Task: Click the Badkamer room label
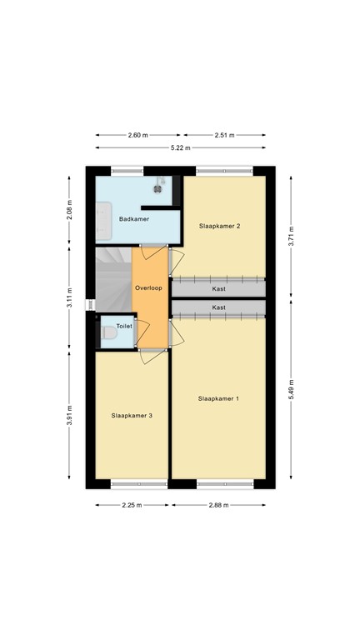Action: pyautogui.click(x=134, y=219)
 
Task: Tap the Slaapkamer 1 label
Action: pyautogui.click(x=218, y=399)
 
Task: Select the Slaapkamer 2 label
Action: pyautogui.click(x=219, y=226)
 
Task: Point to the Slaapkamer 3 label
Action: pyautogui.click(x=132, y=415)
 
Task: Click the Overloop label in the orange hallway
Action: pyautogui.click(x=150, y=287)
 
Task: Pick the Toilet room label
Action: pyautogui.click(x=124, y=326)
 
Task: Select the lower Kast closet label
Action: pyautogui.click(x=218, y=307)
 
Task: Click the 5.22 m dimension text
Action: pyautogui.click(x=180, y=147)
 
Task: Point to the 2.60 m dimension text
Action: pyautogui.click(x=138, y=134)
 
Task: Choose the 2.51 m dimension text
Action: pyautogui.click(x=224, y=134)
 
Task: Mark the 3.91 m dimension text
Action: pyautogui.click(x=71, y=414)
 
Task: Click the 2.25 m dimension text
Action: pyautogui.click(x=131, y=505)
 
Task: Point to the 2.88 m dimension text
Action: pyautogui.click(x=218, y=505)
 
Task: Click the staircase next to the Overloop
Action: pyautogui.click(x=113, y=279)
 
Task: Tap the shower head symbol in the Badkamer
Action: pyautogui.click(x=163, y=181)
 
